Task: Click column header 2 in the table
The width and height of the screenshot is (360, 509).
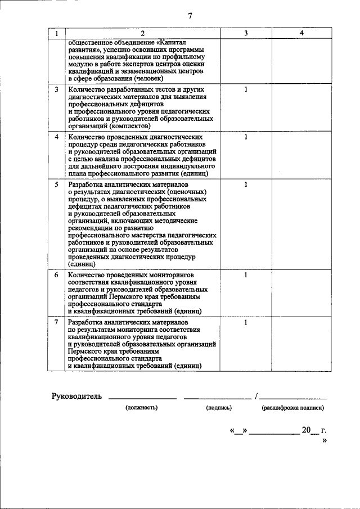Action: pos(143,34)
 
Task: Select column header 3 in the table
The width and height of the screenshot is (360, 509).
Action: pos(246,34)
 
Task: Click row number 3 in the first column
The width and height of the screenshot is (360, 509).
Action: pos(56,89)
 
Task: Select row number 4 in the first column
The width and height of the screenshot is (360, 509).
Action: pos(56,137)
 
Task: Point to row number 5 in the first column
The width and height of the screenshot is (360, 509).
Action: pos(56,184)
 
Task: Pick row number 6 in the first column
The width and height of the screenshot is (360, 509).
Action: pos(56,275)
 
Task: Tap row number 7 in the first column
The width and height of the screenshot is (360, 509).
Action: pos(56,322)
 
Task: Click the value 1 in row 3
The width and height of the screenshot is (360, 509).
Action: pos(246,89)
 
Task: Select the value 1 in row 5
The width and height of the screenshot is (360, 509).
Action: pos(246,184)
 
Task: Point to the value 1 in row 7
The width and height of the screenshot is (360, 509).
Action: pos(246,322)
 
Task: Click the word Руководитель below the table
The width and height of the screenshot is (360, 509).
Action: pos(76,396)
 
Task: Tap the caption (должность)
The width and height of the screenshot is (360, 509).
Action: pos(142,407)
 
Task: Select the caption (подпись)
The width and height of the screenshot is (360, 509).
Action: pos(219,407)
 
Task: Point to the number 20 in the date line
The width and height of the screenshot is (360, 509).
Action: pos(307,430)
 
